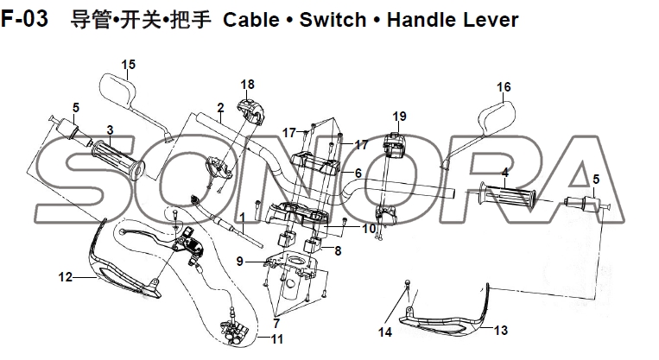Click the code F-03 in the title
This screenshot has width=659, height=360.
click(29, 18)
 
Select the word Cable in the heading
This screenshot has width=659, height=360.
click(251, 18)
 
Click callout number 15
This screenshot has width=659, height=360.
click(128, 65)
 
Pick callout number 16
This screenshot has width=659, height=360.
click(504, 87)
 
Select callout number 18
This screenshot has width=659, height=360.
click(248, 84)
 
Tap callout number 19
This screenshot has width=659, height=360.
click(399, 117)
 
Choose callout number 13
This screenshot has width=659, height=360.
click(500, 331)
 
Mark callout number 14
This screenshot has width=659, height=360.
click(385, 332)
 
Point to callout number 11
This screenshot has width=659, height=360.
click(276, 339)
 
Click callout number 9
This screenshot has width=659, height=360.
click(239, 261)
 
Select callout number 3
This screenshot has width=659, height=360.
click(110, 129)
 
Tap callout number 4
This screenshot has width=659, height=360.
click(504, 172)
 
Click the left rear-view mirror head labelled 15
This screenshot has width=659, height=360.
click(117, 89)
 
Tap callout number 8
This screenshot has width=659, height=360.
click(338, 251)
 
